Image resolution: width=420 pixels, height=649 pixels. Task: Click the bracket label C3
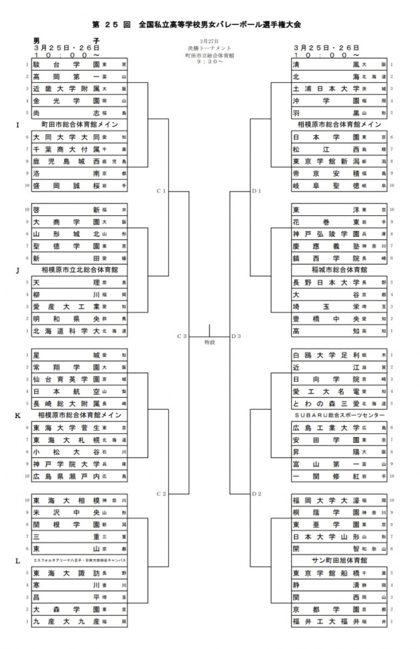[x=182, y=336]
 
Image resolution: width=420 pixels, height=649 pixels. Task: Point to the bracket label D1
[x=257, y=191]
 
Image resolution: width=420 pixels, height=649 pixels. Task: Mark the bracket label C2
[x=161, y=493]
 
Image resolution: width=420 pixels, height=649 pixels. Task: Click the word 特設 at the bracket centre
[x=209, y=343]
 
